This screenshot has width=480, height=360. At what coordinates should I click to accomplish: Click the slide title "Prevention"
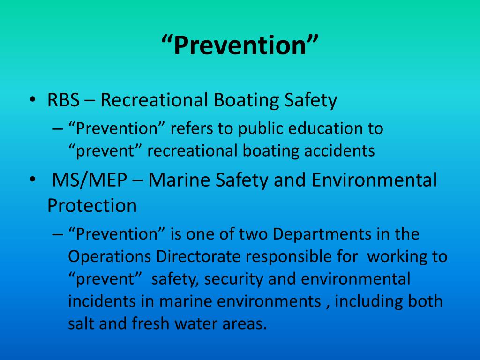(240, 46)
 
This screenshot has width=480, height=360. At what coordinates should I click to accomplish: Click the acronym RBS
(64, 100)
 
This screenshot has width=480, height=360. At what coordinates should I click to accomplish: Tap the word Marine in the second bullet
(179, 180)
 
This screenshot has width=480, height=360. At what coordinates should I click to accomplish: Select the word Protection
(92, 205)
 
